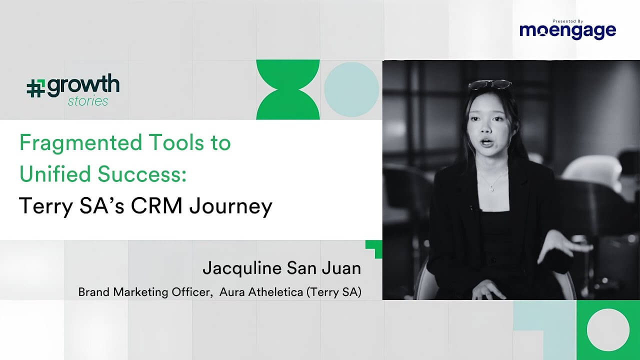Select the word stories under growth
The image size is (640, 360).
(88, 101)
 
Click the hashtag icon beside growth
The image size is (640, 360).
(35, 88)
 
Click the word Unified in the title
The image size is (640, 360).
(55, 175)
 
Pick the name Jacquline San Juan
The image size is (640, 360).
(281, 268)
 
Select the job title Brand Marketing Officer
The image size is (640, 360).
(143, 292)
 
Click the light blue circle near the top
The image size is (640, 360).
(351, 89)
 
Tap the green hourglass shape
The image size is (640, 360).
(287, 89)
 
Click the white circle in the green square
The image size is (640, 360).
(608, 330)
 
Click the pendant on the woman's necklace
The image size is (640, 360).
(491, 188)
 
